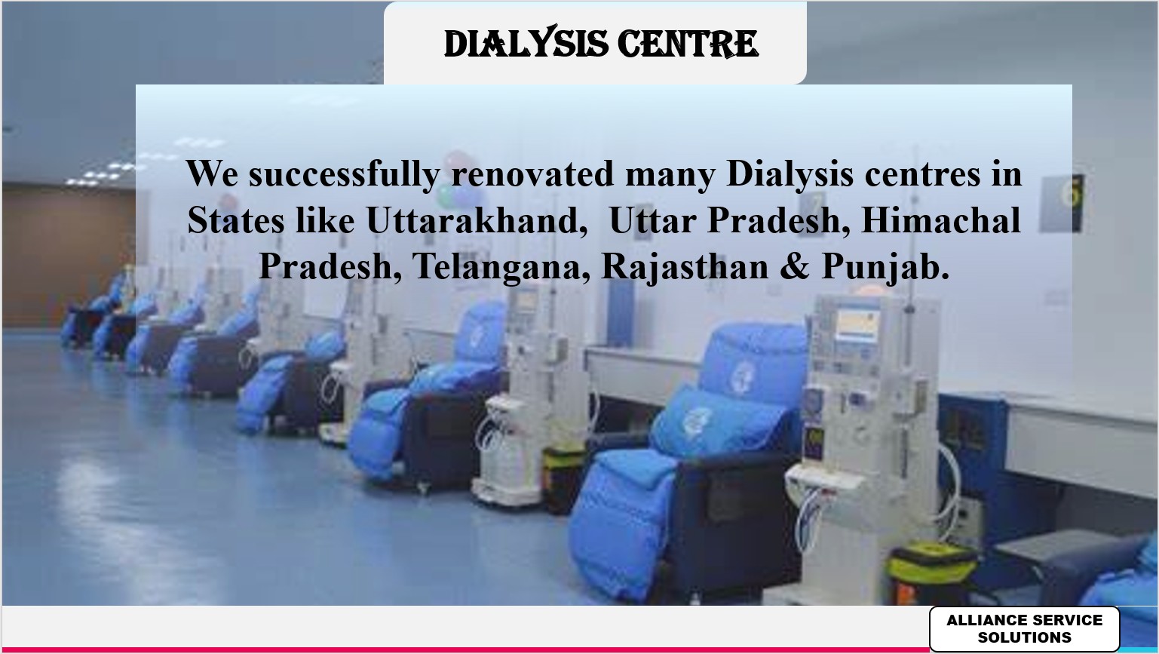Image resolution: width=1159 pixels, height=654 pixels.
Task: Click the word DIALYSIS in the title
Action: point(526,44)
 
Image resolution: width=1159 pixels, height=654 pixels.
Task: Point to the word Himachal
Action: point(940,220)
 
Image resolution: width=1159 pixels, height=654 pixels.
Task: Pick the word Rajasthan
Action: point(685,267)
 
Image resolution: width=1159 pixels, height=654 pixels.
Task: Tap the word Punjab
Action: point(885,267)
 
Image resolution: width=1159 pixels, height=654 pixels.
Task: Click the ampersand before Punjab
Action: point(794,267)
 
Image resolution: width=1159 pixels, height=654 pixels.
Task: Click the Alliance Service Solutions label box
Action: point(1025,628)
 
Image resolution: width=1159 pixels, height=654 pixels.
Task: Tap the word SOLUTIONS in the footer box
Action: point(1025,637)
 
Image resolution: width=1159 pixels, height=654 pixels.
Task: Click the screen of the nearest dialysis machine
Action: point(857,324)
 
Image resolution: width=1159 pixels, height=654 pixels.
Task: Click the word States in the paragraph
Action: point(235,220)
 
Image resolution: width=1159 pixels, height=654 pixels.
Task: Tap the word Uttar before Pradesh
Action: point(653,220)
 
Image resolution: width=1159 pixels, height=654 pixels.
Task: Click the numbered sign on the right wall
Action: point(1062,204)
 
